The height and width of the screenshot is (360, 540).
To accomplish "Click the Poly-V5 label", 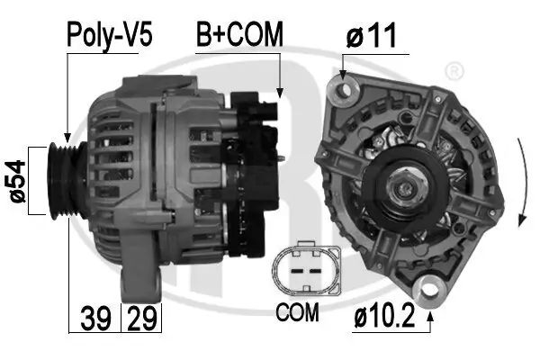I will pyautogui.click(x=109, y=36).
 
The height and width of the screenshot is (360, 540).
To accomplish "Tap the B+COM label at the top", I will pyautogui.click(x=240, y=35).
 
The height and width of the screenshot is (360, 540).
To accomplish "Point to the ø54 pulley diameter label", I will pyautogui.click(x=15, y=180).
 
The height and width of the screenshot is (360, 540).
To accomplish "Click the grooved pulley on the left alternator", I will pyautogui.click(x=64, y=180).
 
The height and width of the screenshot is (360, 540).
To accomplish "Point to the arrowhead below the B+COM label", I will pyautogui.click(x=280, y=92).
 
